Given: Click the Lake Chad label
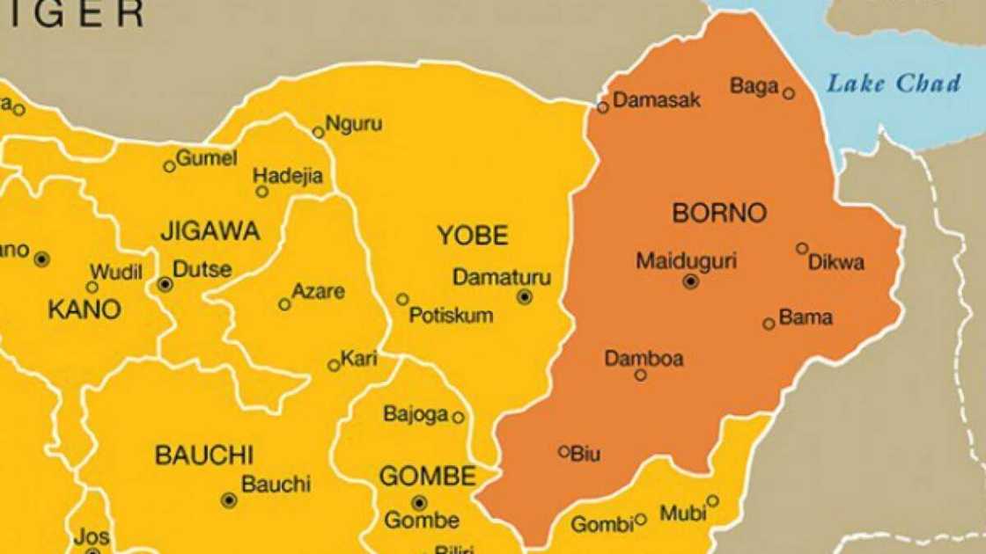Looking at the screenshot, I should point(893,84).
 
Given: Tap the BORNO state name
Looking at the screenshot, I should point(719,213).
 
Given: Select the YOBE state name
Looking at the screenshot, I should point(473,236).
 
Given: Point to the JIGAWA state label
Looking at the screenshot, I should point(210,231).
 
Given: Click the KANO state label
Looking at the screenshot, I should point(84,310).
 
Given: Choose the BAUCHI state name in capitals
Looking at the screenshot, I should point(204,456).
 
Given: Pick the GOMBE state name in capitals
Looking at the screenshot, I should point(428,477).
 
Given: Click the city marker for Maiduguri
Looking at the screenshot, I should point(690,281).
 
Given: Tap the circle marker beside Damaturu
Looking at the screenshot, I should point(525,297).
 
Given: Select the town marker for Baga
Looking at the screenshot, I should point(789,93).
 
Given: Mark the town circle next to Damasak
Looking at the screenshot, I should point(603,107).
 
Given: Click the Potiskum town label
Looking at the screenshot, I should point(451,316).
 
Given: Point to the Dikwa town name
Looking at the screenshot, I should point(836,262).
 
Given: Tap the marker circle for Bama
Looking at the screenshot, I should point(769,324).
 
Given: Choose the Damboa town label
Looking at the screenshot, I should point(644,359).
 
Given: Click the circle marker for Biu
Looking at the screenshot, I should point(564,452).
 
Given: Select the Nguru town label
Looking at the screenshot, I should point(354,124).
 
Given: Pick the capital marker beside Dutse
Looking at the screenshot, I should point(165,284).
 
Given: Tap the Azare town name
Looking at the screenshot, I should point(319,292).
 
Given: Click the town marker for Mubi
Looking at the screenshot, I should point(712,501).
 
